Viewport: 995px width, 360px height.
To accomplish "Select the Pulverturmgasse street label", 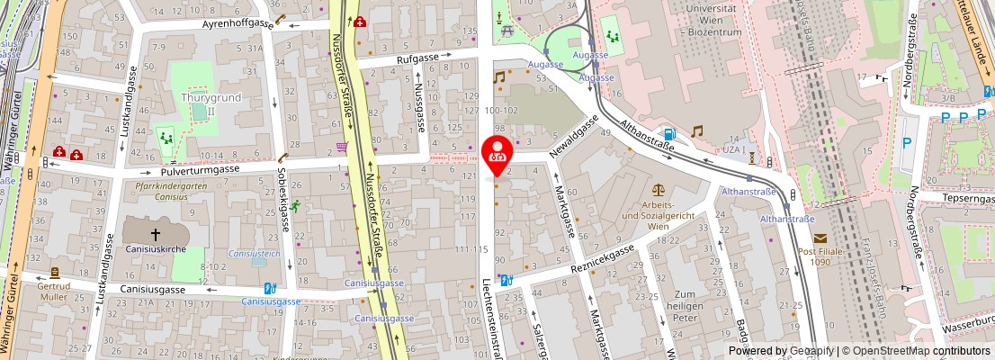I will click(x=200, y=168).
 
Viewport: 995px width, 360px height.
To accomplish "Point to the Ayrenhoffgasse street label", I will click(x=238, y=23).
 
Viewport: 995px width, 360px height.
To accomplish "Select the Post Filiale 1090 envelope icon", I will click(x=820, y=238).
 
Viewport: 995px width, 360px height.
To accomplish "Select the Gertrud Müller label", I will click(x=54, y=296).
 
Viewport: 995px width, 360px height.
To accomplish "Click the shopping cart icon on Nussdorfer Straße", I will click(x=342, y=146).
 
